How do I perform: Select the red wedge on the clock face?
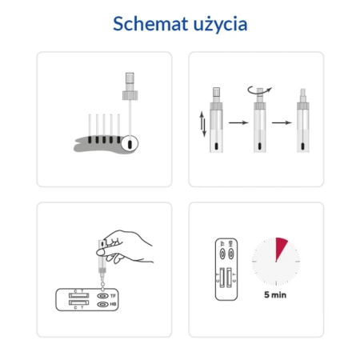(281, 248)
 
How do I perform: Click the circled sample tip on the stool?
(131, 144)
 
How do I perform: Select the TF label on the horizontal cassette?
(113, 296)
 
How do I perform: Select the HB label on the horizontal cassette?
(113, 305)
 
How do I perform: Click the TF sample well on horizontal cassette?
(102, 296)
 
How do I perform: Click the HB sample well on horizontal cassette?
(102, 305)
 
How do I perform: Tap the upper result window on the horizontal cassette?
(78, 294)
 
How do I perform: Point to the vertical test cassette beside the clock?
(225, 268)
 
